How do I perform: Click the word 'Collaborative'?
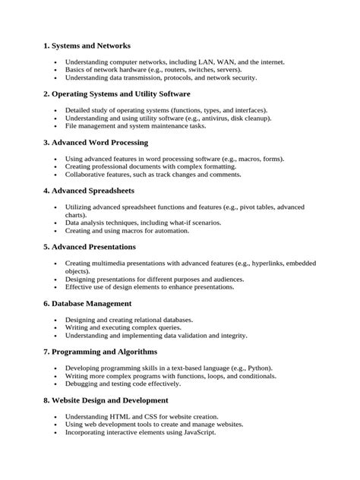click(87, 174)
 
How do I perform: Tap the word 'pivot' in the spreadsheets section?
click(251, 207)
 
